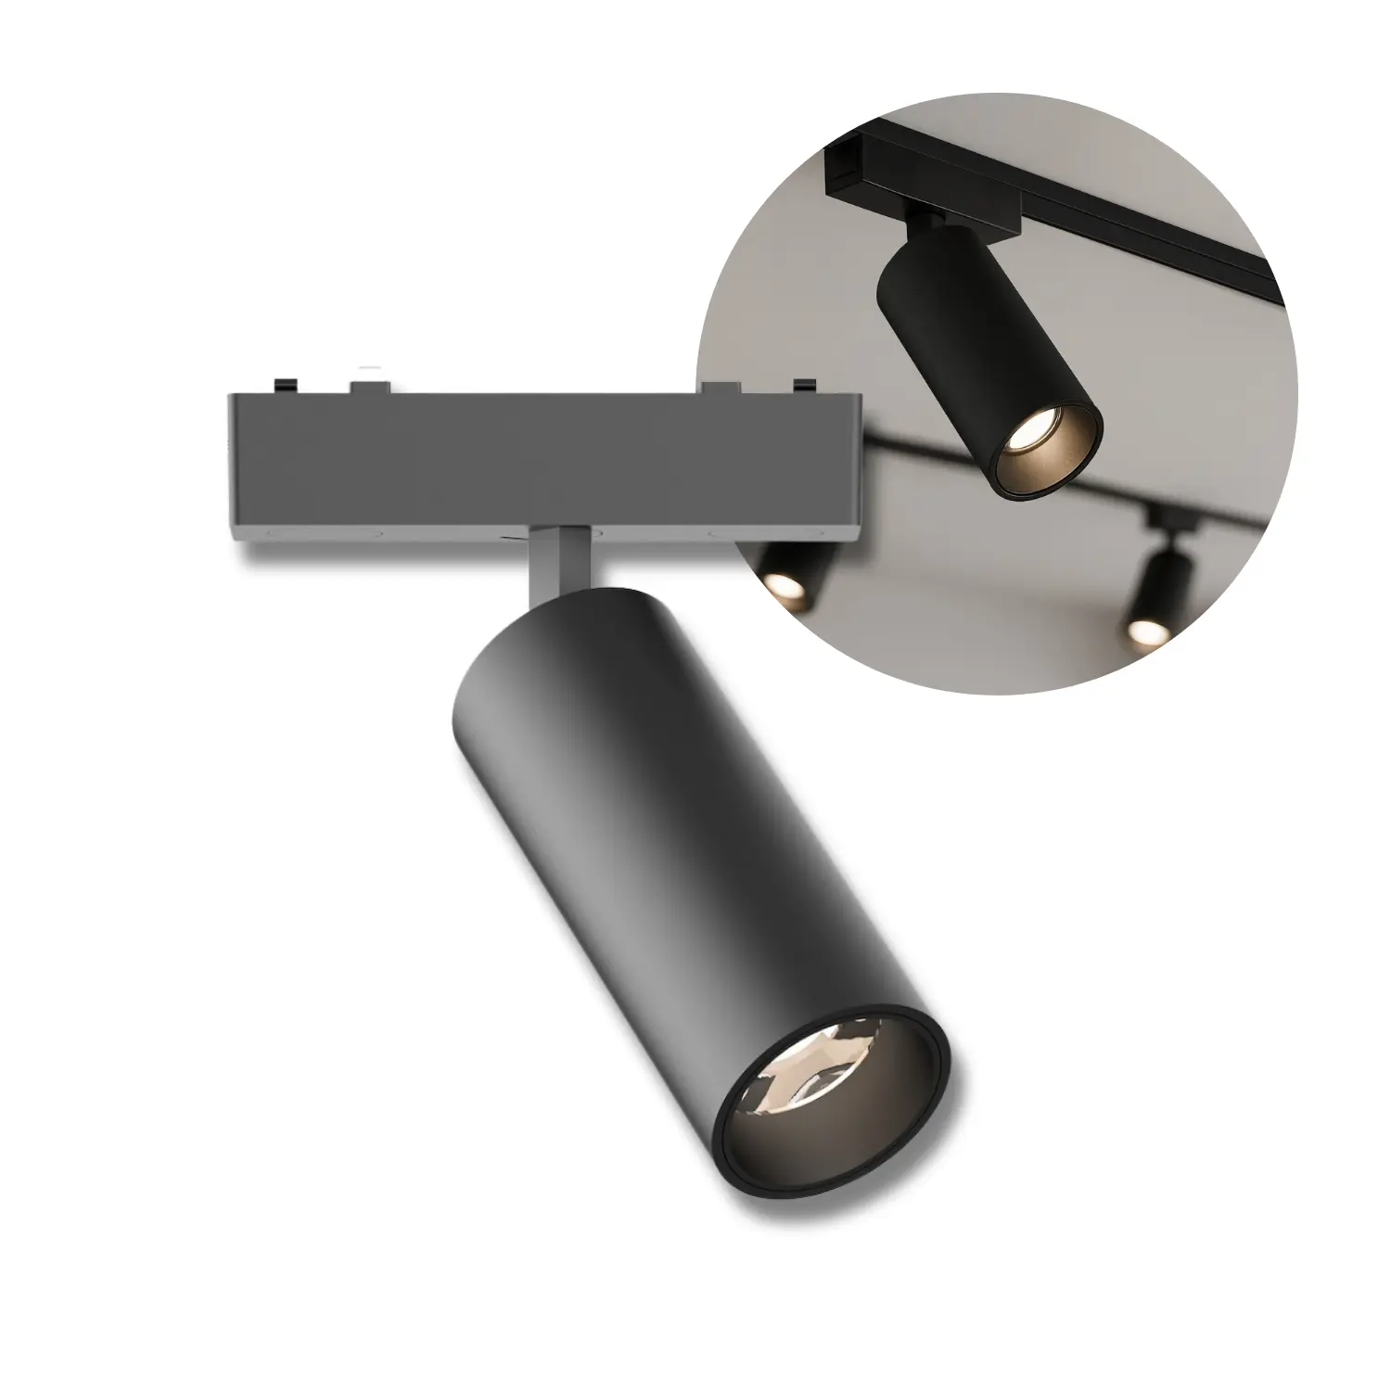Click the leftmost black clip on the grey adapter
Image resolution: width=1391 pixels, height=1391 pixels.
click(286, 383)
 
